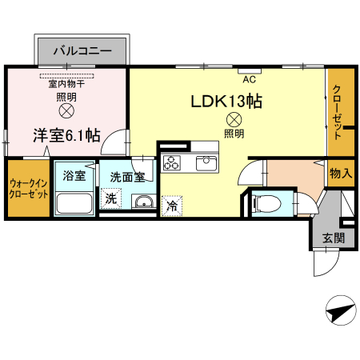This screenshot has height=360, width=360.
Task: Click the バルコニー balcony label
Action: coord(82,50)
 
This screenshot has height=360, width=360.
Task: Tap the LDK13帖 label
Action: coord(226,101)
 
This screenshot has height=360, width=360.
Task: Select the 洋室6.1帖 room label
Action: coord(66,135)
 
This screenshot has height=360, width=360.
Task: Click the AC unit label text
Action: coord(250,79)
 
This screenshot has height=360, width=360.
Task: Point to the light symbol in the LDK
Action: coord(234,120)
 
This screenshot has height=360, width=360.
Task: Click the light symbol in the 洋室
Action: coord(66,110)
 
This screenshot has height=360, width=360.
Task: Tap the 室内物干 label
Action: coord(66,84)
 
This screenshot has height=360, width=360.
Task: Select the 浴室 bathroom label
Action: coord(74,176)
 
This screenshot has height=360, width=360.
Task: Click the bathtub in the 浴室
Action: coord(74,203)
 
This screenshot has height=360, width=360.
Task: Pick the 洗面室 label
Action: coord(127,177)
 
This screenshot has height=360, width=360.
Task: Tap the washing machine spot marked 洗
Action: coord(111,198)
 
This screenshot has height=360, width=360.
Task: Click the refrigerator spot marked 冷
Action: coord(172,206)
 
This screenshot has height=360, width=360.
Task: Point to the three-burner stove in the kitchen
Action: coord(172,162)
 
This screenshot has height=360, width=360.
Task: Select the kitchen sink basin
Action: coord(206,163)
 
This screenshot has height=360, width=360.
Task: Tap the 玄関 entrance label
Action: coord(334,238)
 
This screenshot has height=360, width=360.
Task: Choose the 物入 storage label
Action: coord(341,174)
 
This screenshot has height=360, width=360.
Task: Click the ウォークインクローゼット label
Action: coord(29,189)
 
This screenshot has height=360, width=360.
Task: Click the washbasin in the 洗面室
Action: coord(144,202)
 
